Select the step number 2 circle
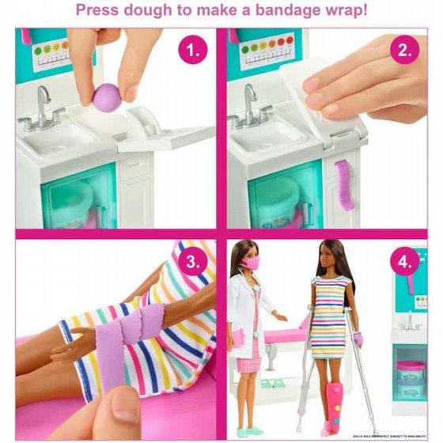tap(404, 52)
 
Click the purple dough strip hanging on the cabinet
tap(345, 184)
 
